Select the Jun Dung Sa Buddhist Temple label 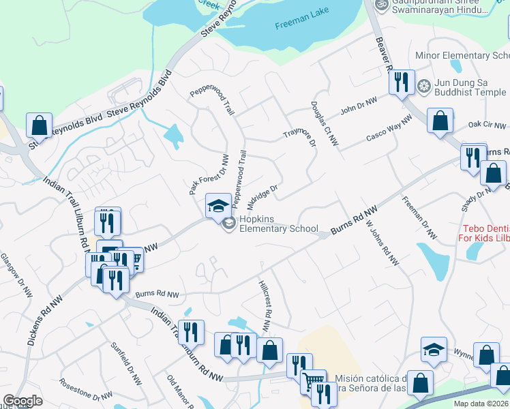[x=471, y=86]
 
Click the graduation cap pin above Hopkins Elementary [x=217, y=205]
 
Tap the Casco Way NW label [x=389, y=127]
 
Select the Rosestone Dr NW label [x=85, y=389]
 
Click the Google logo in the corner [x=22, y=400]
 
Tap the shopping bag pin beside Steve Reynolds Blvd [x=39, y=125]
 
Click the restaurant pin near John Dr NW [x=400, y=82]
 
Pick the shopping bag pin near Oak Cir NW [x=441, y=121]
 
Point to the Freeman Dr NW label [x=419, y=217]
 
